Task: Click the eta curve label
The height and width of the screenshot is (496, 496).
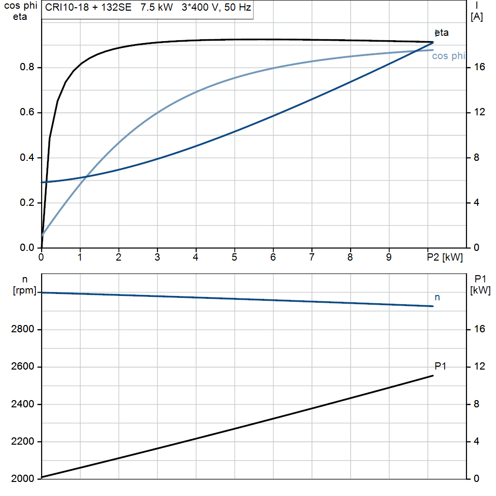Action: tap(442, 33)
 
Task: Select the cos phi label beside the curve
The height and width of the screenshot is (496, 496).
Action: tap(448, 56)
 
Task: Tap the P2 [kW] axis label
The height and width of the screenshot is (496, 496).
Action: tap(445, 258)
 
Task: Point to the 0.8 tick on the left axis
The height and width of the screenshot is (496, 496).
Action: tap(27, 67)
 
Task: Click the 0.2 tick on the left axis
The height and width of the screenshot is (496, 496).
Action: tap(27, 203)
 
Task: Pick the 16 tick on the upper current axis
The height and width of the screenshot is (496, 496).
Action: tap(480, 67)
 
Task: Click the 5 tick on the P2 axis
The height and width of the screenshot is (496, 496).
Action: tap(234, 258)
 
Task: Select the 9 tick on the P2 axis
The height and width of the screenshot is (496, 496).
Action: tap(389, 258)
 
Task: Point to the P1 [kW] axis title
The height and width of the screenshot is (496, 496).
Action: tap(480, 284)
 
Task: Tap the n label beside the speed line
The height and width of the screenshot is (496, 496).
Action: tap(437, 297)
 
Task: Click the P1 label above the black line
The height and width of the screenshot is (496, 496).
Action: tap(440, 367)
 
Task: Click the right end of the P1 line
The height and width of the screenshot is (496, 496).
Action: tap(433, 375)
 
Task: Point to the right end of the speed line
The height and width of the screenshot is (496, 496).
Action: tap(433, 306)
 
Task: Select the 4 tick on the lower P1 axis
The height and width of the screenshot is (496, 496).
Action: tap(477, 442)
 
